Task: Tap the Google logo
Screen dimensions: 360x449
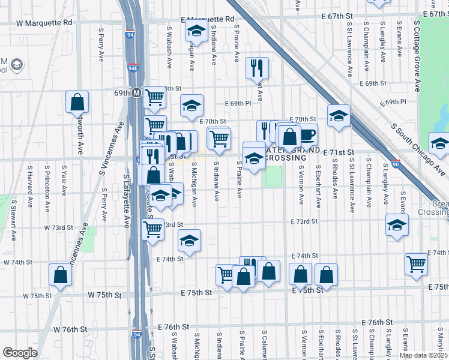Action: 20,353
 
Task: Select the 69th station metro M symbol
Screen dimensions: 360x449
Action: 137,93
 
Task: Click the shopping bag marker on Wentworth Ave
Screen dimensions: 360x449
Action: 77,103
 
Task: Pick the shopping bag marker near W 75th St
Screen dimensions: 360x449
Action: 61,275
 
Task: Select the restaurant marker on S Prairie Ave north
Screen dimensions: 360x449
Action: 258,69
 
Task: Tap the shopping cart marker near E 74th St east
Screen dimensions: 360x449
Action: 415,264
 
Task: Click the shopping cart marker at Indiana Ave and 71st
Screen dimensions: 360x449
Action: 219,139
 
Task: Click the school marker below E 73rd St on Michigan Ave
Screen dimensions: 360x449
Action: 189,241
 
